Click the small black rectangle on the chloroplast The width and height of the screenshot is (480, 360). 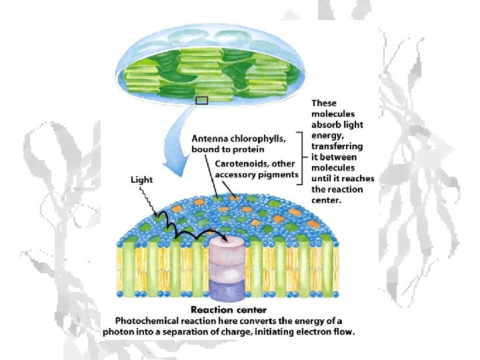tap(201, 101)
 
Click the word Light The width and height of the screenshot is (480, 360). tap(141, 179)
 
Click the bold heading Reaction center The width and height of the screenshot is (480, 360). tap(229, 309)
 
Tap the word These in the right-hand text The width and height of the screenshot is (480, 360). tap(324, 103)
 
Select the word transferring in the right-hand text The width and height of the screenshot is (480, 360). tap(337, 146)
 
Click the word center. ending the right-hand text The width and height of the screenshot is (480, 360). tap(327, 199)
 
